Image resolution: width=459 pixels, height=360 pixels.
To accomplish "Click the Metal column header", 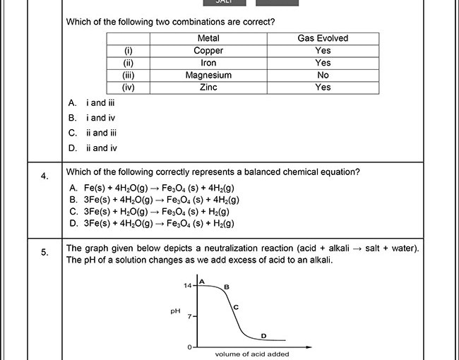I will coord(208,38).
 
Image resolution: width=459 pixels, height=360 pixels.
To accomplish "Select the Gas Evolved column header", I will coord(323,38).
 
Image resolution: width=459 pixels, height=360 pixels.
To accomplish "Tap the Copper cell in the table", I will coord(208,51).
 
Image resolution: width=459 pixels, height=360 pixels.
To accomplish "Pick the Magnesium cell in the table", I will coord(208,75).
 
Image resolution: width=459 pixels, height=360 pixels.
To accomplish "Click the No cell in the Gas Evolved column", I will coord(323,75).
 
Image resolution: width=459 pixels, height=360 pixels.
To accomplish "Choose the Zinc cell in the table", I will coord(208,88).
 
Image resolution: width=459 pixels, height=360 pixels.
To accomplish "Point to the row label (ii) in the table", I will coord(129,63).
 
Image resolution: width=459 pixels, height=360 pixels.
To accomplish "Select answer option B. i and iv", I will coord(92,118).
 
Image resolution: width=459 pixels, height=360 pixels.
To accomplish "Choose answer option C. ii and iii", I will coord(93,133).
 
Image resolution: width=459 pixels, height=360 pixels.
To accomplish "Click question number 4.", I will coord(44,176).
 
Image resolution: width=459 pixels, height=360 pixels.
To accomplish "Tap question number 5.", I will coord(44,253).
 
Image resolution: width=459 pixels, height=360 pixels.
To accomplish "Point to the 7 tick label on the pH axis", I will coord(190,317).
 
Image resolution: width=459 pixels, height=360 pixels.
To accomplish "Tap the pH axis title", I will coord(175,311).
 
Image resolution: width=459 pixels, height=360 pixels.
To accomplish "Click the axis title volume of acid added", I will coord(251,354).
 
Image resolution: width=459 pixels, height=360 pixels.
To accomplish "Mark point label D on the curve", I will coord(263,336).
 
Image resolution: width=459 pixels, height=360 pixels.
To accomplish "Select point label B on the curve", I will coord(226,287).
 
